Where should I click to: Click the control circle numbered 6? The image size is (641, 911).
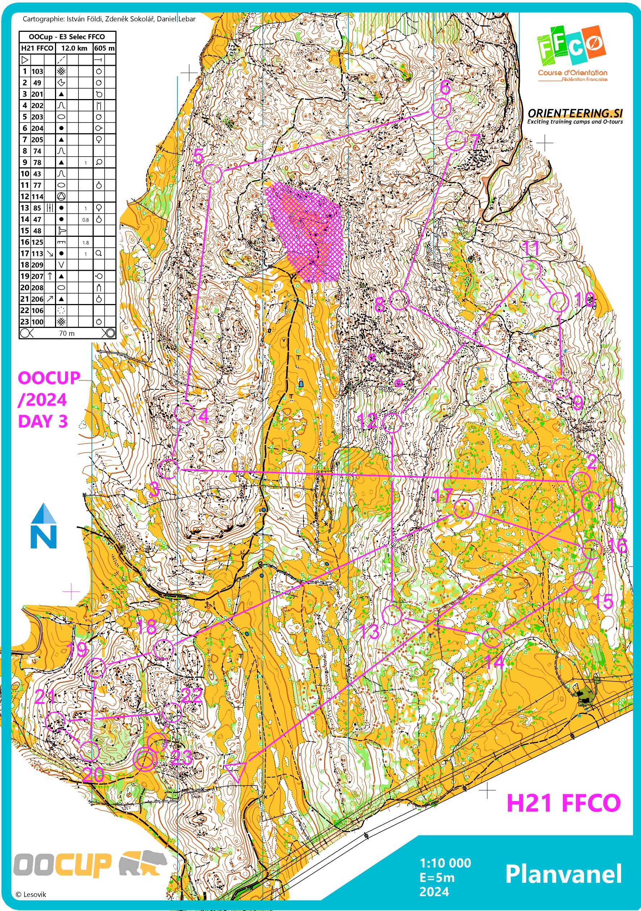[x=441, y=108]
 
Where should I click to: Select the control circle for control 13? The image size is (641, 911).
[x=392, y=615]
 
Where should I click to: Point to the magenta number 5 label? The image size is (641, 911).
[x=199, y=156]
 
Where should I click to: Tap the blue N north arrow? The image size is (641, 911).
[x=43, y=526]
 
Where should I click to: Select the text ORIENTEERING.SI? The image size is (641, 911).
[x=575, y=113]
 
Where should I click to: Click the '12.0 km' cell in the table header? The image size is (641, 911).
[x=74, y=48]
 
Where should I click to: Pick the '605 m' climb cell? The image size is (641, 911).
[x=105, y=48]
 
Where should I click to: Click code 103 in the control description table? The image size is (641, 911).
[x=37, y=72]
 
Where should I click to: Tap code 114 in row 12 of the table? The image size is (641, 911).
[x=37, y=196]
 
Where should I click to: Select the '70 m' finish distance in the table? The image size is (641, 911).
[x=67, y=333]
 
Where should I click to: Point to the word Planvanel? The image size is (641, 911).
[x=563, y=874]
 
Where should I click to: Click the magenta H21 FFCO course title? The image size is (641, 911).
[x=563, y=803]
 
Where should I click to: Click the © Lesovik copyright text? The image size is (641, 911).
[x=31, y=894]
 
